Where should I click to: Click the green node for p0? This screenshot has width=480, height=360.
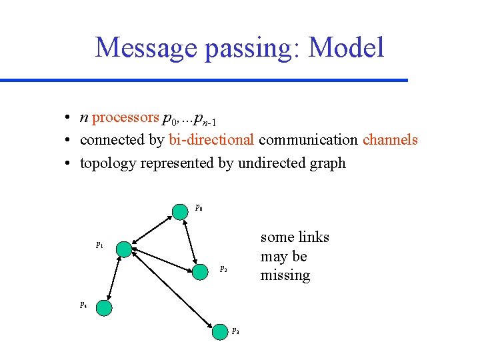click(180, 211)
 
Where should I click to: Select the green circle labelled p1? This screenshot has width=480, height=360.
click(124, 249)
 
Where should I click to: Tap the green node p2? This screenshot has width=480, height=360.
click(200, 271)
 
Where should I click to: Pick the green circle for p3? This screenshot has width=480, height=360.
click(220, 331)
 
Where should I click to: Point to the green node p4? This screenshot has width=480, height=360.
click(103, 307)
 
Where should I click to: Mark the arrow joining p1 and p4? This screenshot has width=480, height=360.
click(114, 278)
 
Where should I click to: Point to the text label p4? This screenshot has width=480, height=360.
click(83, 305)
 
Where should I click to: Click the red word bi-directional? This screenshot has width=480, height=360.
click(211, 140)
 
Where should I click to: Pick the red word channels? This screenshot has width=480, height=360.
click(390, 140)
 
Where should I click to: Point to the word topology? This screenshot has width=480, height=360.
click(108, 163)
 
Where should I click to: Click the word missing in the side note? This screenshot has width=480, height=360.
click(285, 275)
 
